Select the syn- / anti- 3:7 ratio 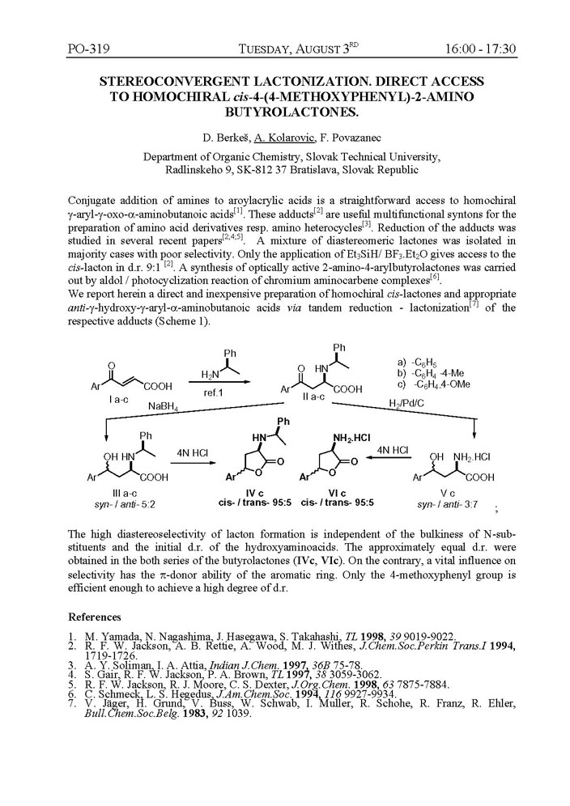pyautogui.click(x=444, y=504)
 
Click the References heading pyautogui.click(x=95, y=617)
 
